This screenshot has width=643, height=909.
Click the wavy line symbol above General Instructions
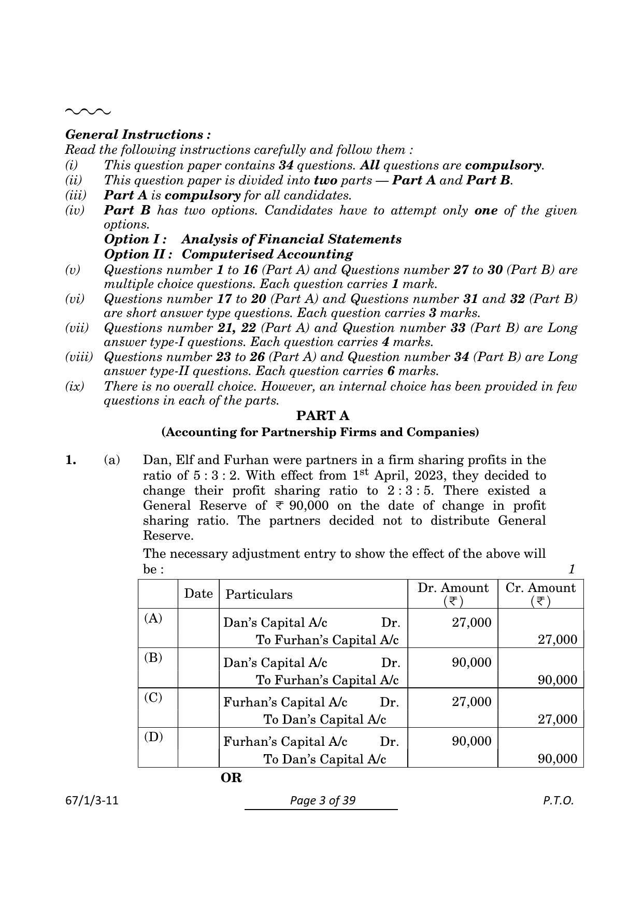(88, 111)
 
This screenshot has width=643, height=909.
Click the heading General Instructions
(138, 135)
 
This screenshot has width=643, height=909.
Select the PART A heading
(322, 416)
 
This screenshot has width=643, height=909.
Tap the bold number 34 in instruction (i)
(286, 165)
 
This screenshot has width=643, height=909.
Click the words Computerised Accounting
(267, 254)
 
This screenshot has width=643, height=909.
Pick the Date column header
(198, 594)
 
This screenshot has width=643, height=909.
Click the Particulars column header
(259, 595)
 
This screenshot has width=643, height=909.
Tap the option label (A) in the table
(153, 618)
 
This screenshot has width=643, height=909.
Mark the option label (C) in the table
(153, 697)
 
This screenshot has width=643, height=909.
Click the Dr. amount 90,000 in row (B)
(471, 662)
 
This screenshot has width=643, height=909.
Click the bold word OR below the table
(231, 778)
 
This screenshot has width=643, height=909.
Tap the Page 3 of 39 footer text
(323, 801)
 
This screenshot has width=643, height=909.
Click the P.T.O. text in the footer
(559, 801)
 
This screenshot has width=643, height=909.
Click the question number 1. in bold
(71, 460)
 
